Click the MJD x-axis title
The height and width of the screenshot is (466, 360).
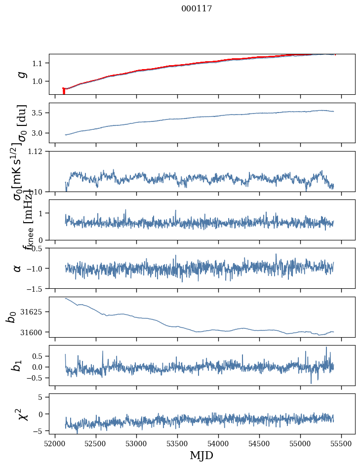(x=201, y=455)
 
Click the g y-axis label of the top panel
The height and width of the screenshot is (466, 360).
(x=21, y=74)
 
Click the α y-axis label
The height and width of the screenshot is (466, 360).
(x=18, y=268)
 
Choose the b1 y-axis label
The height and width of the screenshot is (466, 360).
(x=18, y=365)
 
